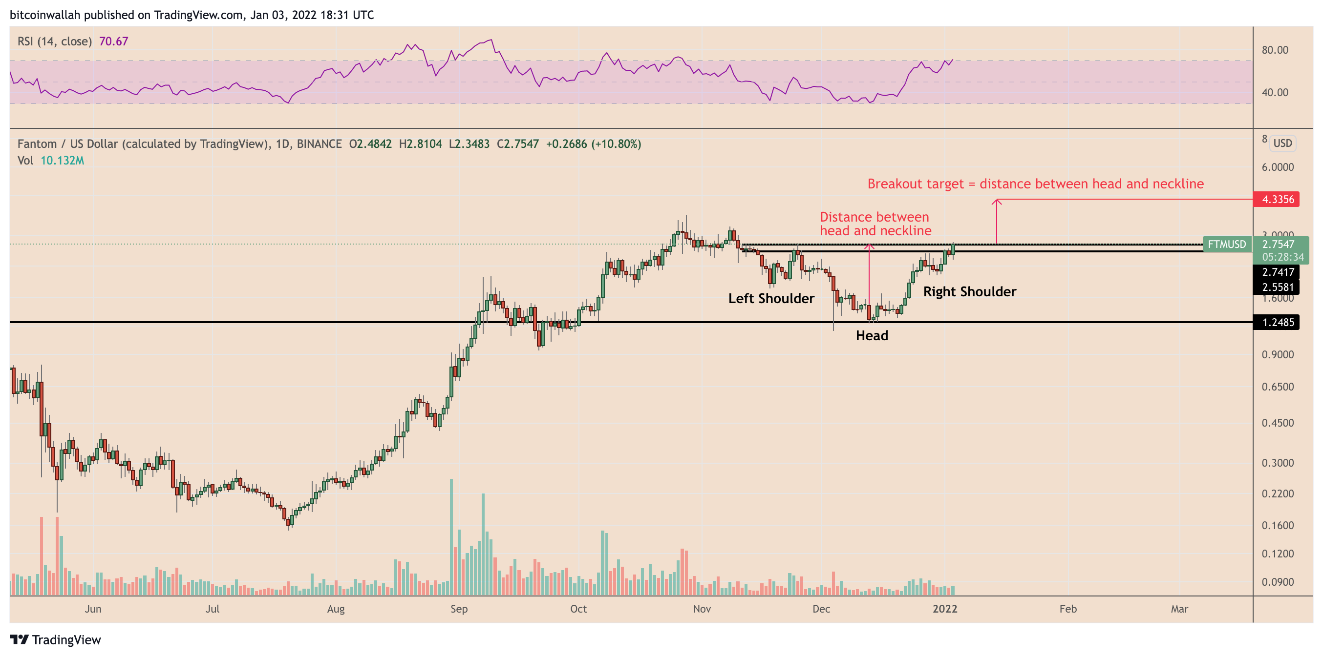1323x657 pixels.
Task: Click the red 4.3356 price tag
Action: coord(1277,199)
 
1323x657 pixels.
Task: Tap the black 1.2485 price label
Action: coord(1277,322)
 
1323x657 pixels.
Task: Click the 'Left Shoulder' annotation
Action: coord(771,298)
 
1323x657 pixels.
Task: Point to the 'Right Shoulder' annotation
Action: coord(969,291)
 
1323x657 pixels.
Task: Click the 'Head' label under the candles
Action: coord(872,336)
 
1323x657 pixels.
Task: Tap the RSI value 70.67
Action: coord(113,41)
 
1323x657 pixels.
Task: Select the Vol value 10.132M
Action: coord(62,161)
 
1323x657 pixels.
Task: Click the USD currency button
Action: coord(1282,143)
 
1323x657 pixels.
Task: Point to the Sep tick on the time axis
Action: coord(459,609)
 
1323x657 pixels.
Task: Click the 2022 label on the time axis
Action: coord(944,609)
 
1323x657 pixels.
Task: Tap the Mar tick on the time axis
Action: coord(1179,609)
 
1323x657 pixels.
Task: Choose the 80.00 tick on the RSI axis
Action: coord(1275,50)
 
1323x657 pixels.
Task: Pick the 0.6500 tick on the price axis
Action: coord(1277,387)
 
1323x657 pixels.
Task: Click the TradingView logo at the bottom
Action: coord(56,639)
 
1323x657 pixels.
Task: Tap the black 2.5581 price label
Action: coord(1277,287)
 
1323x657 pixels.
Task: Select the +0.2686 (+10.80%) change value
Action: coord(593,144)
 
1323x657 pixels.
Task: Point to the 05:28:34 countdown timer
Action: coord(1282,257)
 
